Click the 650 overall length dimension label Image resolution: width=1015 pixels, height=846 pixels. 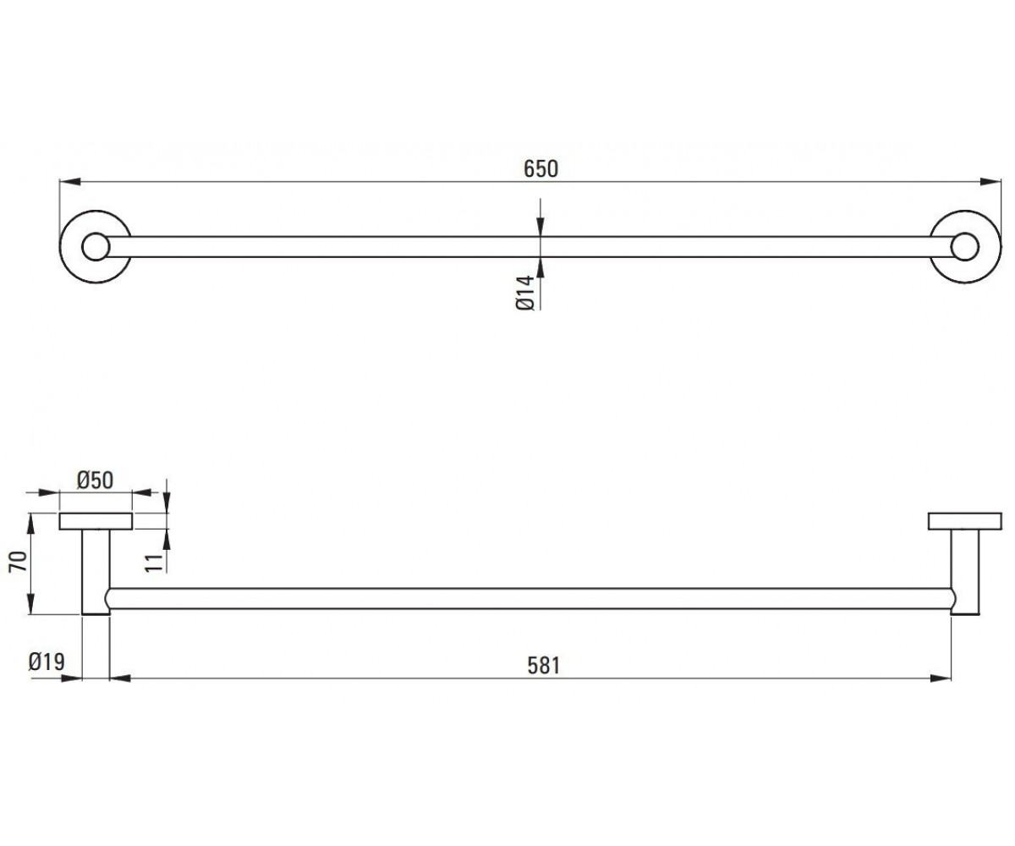point(540,168)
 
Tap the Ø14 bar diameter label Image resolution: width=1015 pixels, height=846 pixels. point(525,293)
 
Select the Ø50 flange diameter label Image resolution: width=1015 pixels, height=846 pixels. point(96,480)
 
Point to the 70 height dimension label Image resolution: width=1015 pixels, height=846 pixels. point(19,562)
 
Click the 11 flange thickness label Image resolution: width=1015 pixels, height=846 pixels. point(156,563)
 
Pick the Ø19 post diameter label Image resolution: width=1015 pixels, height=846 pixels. point(47,662)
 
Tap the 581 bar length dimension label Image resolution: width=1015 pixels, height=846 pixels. point(544,666)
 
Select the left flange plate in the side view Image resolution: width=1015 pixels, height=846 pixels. point(96,521)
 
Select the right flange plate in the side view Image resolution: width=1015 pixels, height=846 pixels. point(965,521)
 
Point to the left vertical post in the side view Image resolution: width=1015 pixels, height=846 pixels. point(96,572)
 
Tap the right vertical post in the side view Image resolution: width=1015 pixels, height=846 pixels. point(965,572)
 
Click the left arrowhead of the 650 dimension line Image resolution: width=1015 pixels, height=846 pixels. point(69,182)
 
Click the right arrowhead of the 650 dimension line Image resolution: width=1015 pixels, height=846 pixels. point(990,182)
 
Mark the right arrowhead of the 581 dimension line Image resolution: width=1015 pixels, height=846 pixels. point(940,678)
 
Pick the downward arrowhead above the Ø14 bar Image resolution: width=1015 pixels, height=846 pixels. point(540,227)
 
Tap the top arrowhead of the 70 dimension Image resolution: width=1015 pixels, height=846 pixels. point(30,524)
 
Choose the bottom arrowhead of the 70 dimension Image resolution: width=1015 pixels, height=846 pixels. point(30,604)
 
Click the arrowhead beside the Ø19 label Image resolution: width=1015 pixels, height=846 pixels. point(71,678)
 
